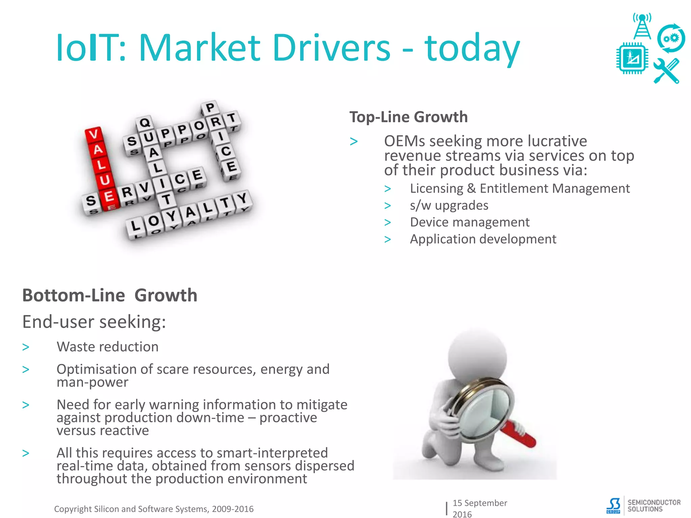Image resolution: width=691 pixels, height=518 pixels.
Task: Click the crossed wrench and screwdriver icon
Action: (666, 71)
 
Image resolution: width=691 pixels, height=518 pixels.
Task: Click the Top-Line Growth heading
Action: (408, 117)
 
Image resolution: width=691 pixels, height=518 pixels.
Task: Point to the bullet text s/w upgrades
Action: (449, 205)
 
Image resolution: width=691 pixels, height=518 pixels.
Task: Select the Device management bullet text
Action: (469, 222)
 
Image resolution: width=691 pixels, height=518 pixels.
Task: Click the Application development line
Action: (483, 239)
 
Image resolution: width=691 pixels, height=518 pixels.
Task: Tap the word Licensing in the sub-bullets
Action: (436, 188)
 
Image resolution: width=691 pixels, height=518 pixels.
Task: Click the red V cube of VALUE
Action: (93, 135)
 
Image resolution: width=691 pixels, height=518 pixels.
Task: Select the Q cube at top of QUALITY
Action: (145, 122)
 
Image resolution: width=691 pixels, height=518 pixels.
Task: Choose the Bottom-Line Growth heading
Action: (110, 295)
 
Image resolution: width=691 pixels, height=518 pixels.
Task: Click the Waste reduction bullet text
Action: (107, 347)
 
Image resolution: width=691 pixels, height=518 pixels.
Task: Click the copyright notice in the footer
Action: (154, 509)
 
